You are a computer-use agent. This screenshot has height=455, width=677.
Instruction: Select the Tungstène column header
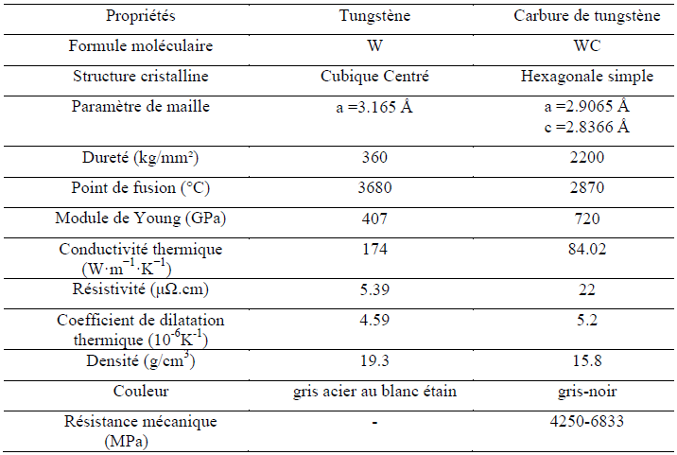pos(374,16)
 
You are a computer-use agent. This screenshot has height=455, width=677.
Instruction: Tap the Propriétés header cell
pos(141,16)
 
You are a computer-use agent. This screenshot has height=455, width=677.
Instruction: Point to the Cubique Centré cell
pos(374,76)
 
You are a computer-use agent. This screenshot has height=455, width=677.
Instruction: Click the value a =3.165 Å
pos(374,107)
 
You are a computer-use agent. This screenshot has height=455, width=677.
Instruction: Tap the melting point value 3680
pos(374,188)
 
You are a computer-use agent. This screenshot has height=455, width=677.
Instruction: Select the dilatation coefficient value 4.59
pos(374,320)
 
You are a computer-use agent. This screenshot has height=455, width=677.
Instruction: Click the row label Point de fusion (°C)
pos(141,188)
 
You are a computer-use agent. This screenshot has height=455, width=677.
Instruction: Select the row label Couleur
pos(141,390)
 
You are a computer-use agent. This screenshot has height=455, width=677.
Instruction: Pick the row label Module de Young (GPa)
pos(141,219)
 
